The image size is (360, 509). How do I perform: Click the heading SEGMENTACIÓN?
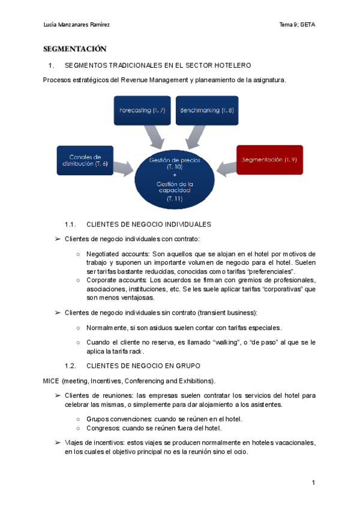[74, 49]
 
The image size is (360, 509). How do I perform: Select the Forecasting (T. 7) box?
[142, 110]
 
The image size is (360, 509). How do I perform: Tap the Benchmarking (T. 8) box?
[206, 110]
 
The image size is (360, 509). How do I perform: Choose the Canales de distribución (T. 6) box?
[85, 160]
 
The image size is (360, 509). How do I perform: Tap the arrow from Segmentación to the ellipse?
[227, 167]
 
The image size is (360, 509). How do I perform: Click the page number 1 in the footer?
[313, 483]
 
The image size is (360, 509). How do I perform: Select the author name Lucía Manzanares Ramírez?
[77, 25]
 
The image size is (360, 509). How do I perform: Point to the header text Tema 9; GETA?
[298, 25]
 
